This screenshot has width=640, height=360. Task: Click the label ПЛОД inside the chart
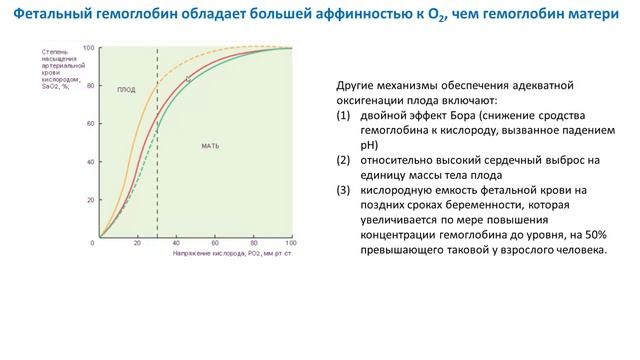tap(127, 89)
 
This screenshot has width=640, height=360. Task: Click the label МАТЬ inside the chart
tap(210, 146)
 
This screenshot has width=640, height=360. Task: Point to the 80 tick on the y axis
tap(89, 86)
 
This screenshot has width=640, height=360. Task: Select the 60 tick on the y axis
tap(89, 124)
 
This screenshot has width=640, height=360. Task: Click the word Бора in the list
tap(459, 116)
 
